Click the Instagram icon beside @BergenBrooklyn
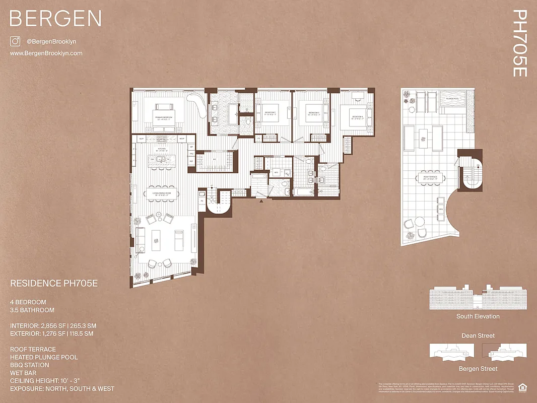point(15,42)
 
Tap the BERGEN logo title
point(55,19)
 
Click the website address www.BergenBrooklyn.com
point(46,53)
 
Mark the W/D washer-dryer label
point(276,172)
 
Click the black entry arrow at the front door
point(260,201)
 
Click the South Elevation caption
point(478,316)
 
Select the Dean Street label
point(478,335)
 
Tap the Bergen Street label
point(478,369)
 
